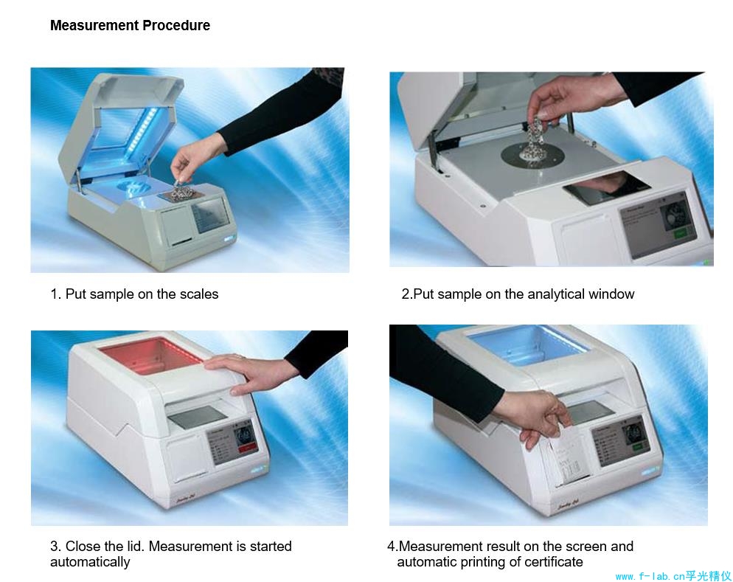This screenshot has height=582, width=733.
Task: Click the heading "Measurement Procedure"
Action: pyautogui.click(x=130, y=25)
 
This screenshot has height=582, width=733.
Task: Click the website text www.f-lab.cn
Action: pyautogui.click(x=650, y=576)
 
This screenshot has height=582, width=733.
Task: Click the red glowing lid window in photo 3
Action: pyautogui.click(x=150, y=355)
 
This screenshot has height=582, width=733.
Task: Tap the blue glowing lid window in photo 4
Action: pyautogui.click(x=527, y=344)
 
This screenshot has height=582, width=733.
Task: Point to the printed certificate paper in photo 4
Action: pyautogui.click(x=567, y=460)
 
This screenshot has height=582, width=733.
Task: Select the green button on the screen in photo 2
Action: pyautogui.click(x=681, y=232)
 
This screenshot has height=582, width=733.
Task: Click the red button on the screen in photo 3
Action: pyautogui.click(x=247, y=448)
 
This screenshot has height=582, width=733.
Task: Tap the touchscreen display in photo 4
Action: pyautogui.click(x=620, y=443)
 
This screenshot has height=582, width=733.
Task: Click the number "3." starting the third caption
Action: pyautogui.click(x=55, y=546)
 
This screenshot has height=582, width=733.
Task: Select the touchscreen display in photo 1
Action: pyautogui.click(x=212, y=215)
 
